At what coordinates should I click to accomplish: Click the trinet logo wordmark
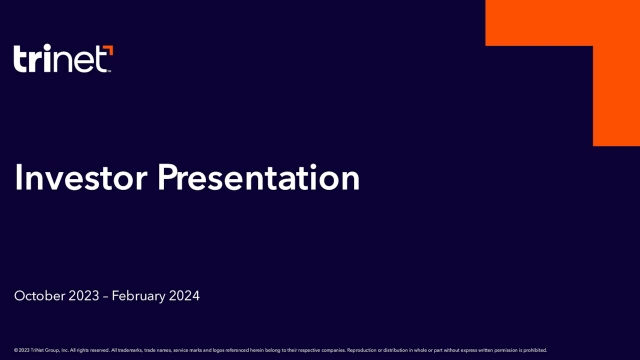click(x=63, y=59)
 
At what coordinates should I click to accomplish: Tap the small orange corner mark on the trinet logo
click(x=109, y=49)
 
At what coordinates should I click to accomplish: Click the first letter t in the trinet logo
click(x=20, y=60)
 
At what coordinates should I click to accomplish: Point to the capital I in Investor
click(x=19, y=179)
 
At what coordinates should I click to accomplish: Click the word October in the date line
click(x=38, y=297)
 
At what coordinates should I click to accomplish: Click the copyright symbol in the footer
click(x=16, y=350)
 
